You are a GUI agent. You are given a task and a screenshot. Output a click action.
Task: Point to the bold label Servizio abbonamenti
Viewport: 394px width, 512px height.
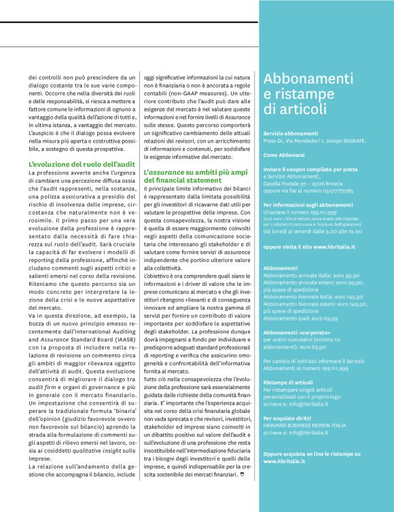[x=291, y=133]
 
